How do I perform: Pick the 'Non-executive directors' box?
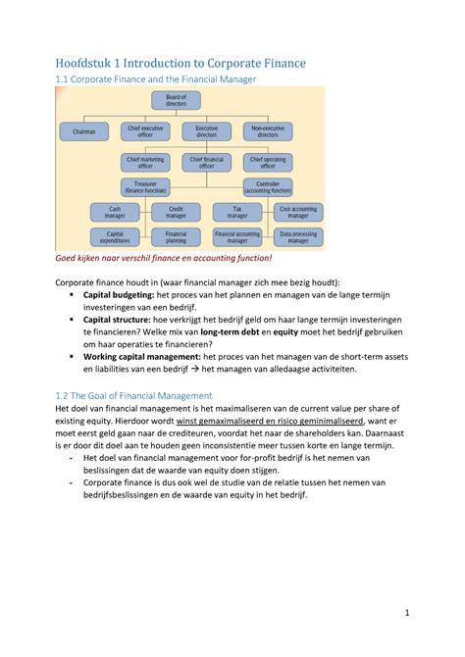tap(267, 129)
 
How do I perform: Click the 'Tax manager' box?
tap(236, 211)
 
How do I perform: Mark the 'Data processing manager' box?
tap(297, 236)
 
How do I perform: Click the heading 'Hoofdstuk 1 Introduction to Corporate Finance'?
tap(181, 63)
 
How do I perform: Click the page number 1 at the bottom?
tap(405, 615)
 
